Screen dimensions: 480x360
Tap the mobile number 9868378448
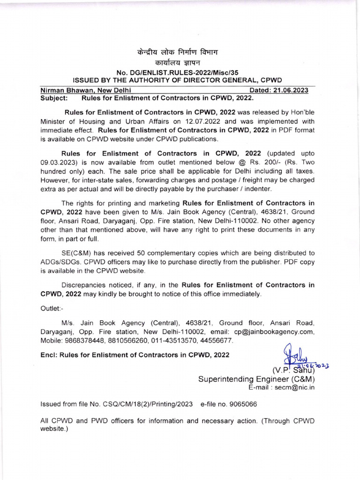coord(87,340)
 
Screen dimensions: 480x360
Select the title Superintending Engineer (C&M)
coord(256,379)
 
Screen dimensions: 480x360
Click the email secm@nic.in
coord(295,387)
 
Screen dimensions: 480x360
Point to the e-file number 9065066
coord(243,404)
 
